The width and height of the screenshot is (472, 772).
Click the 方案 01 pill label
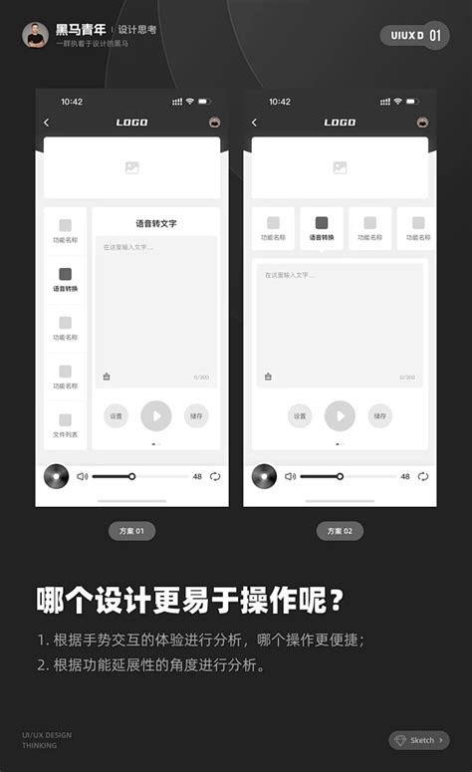(x=131, y=532)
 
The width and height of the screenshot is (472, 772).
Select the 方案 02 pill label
(x=340, y=532)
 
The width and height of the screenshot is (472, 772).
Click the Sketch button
(x=418, y=740)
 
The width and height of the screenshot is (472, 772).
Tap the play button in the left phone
(x=156, y=415)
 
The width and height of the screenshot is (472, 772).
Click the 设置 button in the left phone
(x=117, y=416)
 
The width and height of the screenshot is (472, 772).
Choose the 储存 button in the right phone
(x=379, y=416)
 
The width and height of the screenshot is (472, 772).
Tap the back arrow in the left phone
(x=47, y=123)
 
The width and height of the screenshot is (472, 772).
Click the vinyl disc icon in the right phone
(x=264, y=476)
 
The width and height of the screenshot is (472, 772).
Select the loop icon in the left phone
(x=215, y=476)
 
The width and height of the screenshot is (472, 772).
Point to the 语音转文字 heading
(x=156, y=223)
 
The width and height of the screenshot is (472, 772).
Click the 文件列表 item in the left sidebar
(x=65, y=425)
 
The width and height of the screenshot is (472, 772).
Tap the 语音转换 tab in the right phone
(x=322, y=229)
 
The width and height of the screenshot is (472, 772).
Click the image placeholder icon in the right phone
(x=340, y=168)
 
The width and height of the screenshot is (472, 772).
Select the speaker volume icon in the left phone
(x=83, y=476)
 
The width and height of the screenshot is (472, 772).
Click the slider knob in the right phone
(x=340, y=476)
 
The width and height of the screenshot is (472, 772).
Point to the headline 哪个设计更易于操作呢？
(x=191, y=601)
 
